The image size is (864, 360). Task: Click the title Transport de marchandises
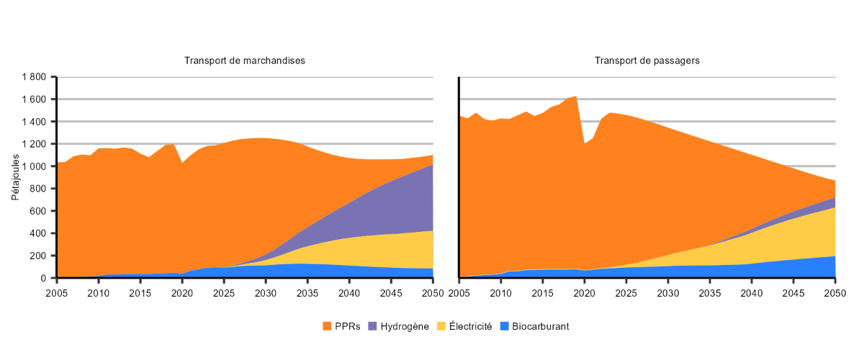pyautogui.click(x=245, y=60)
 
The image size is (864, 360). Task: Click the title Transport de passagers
pyautogui.click(x=647, y=60)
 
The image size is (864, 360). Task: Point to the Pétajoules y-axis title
pyautogui.click(x=15, y=176)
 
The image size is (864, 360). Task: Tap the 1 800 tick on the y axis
pyautogui.click(x=34, y=77)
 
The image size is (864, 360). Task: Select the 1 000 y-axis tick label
pyautogui.click(x=34, y=166)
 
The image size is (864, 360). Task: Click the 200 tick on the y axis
pyautogui.click(x=39, y=256)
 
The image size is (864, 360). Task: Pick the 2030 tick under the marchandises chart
pyautogui.click(x=266, y=293)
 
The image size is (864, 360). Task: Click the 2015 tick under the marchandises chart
pyautogui.click(x=140, y=293)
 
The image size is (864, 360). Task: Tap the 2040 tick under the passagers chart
pyautogui.click(x=752, y=293)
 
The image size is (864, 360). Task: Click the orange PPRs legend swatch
pyautogui.click(x=328, y=326)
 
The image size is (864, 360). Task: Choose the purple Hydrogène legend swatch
pyautogui.click(x=372, y=326)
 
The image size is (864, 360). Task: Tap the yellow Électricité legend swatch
pyautogui.click(x=442, y=326)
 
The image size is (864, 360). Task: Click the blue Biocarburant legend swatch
pyautogui.click(x=505, y=326)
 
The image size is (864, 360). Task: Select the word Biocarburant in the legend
pyautogui.click(x=540, y=326)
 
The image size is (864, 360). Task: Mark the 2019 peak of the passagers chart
pyautogui.click(x=576, y=96)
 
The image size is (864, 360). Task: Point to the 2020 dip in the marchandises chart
pyautogui.click(x=182, y=163)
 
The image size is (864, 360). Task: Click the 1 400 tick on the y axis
pyautogui.click(x=34, y=122)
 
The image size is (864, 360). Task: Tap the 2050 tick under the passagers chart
pyautogui.click(x=835, y=293)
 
